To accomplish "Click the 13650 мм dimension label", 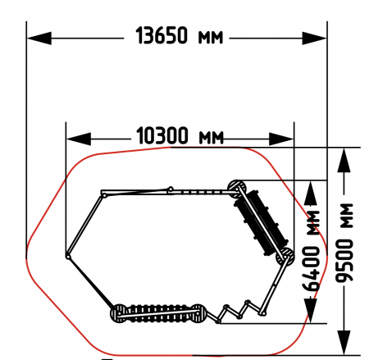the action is [x=180, y=35].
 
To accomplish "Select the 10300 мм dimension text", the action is [x=180, y=135].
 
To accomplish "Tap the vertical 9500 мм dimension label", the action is [x=344, y=243].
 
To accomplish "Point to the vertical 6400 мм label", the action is [x=311, y=250].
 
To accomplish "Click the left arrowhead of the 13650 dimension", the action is [x=39, y=39].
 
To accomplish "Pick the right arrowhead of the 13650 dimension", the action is [x=314, y=39].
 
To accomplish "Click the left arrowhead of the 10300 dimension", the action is [x=79, y=139].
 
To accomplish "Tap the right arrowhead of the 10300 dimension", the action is [x=281, y=139].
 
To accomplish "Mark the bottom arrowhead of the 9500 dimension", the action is [x=344, y=343].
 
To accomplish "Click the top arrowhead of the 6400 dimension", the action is [x=311, y=194].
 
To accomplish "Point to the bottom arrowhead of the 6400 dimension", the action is [x=311, y=311].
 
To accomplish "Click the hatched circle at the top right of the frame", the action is [x=237, y=189].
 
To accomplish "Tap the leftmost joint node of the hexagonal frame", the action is [x=68, y=257].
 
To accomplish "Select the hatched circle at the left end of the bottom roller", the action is [x=120, y=313].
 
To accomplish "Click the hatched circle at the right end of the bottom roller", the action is [x=198, y=313].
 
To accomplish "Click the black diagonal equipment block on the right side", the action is [x=261, y=223].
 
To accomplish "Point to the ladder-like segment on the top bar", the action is [x=199, y=192].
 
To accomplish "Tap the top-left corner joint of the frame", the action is [x=104, y=195].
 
